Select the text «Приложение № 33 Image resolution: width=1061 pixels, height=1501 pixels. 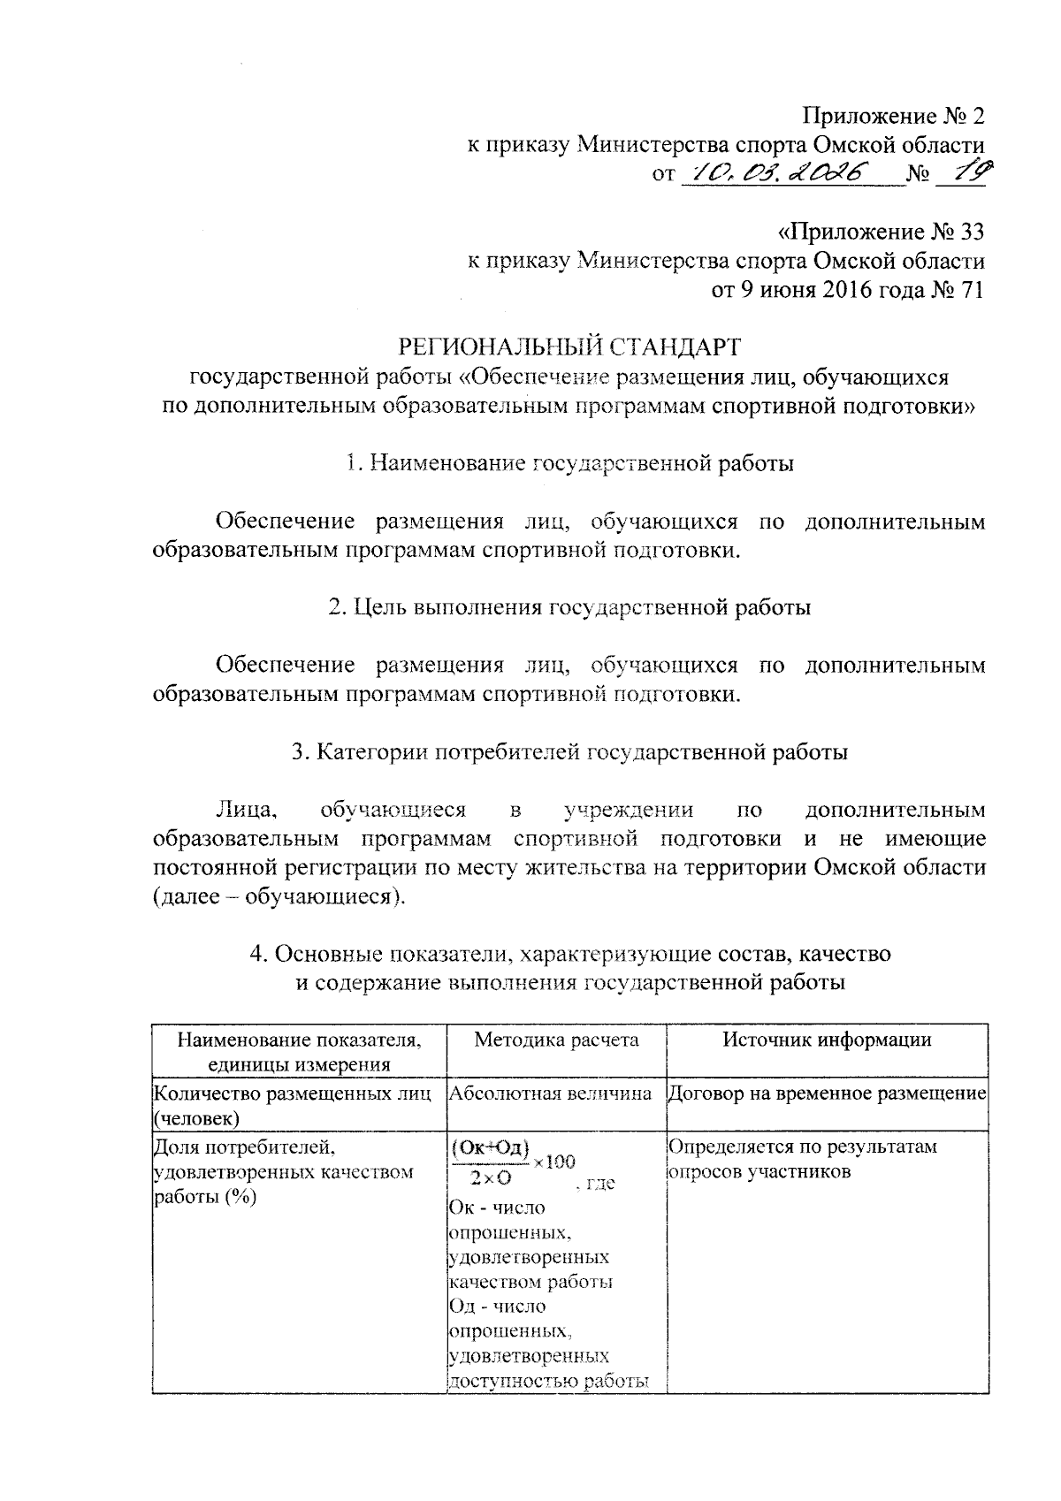click(x=880, y=232)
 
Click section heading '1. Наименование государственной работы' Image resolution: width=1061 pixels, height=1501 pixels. click(x=570, y=463)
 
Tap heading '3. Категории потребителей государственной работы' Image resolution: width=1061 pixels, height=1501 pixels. click(x=570, y=752)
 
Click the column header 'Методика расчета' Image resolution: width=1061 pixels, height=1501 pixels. click(x=556, y=1040)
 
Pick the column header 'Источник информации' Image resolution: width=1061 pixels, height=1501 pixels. click(x=827, y=1040)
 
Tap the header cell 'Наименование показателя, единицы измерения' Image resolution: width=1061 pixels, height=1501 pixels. click(x=299, y=1051)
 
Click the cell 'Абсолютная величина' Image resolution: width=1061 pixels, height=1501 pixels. click(x=551, y=1093)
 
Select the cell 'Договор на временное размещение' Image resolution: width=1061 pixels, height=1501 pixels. click(x=827, y=1093)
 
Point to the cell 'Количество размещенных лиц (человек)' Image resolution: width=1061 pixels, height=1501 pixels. click(x=292, y=1105)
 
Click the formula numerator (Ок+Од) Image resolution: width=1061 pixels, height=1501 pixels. click(x=490, y=1148)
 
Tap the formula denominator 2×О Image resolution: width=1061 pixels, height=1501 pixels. click(x=485, y=1177)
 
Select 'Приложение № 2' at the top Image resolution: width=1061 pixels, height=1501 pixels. click(x=893, y=116)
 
